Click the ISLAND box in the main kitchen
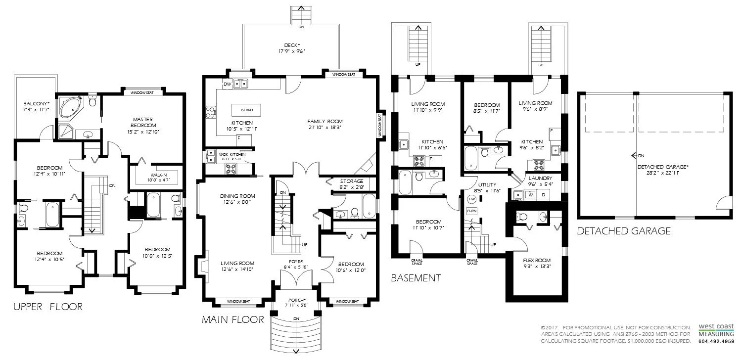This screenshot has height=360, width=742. point(246,110)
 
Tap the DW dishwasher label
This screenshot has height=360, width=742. point(227,84)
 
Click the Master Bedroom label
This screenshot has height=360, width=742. point(143,122)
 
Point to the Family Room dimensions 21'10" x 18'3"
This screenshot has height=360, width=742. point(325,128)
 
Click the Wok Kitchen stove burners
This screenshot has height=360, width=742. point(231,169)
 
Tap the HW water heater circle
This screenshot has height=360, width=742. point(472,199)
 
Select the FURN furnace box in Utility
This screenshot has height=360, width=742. point(472,211)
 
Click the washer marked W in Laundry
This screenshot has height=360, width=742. point(531,195)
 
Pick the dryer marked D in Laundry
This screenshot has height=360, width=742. point(543,195)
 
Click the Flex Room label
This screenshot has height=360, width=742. point(537,260)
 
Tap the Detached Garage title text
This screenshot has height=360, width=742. point(624,231)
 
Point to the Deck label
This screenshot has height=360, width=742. point(292,45)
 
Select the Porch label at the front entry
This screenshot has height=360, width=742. point(297,300)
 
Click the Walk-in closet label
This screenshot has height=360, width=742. point(159,175)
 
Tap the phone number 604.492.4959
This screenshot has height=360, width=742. point(716,341)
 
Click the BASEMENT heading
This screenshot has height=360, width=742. point(416,278)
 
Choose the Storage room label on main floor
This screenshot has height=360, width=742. point(351,181)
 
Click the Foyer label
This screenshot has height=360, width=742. point(296,262)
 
